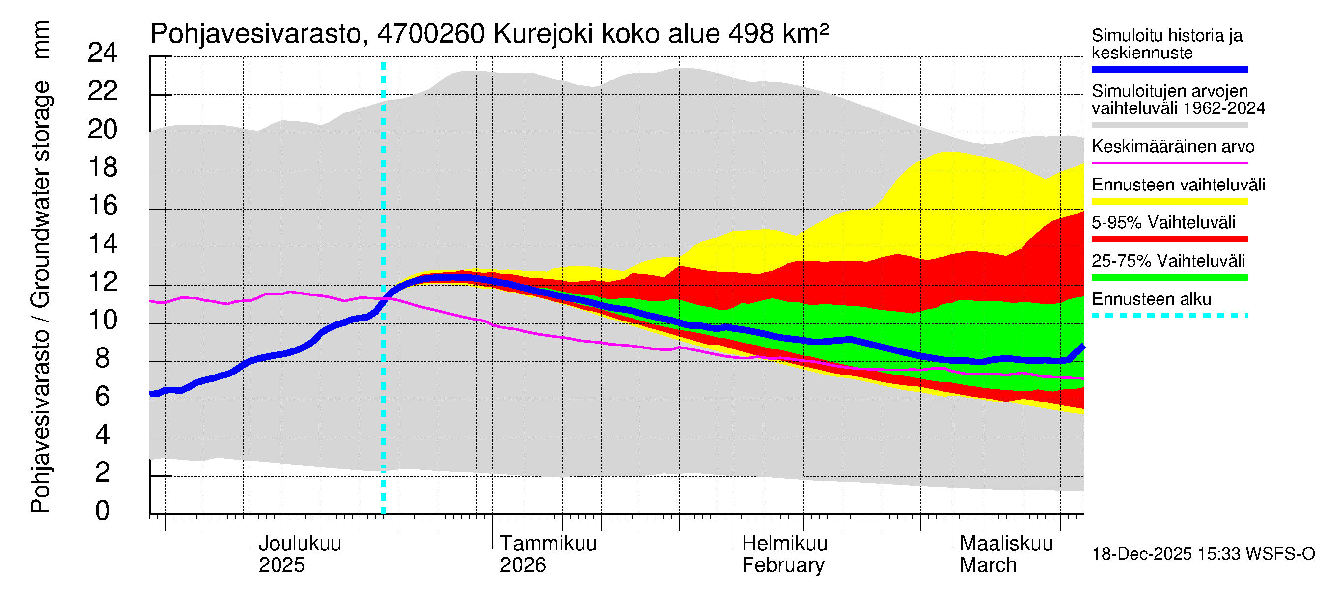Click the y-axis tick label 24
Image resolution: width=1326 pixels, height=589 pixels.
click(103, 53)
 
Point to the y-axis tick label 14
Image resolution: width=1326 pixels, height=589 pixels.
click(103, 244)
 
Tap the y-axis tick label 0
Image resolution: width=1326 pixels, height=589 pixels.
click(103, 511)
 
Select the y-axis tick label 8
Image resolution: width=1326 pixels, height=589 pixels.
click(103, 358)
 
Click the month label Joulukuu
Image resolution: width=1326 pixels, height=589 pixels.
click(300, 543)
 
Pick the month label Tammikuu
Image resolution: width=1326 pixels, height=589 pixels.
click(548, 543)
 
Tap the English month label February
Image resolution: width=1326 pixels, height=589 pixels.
click(782, 565)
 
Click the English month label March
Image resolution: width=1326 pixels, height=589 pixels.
click(988, 565)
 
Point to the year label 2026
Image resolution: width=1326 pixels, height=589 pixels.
click(523, 565)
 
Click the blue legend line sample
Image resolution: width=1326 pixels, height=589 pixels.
click(1169, 69)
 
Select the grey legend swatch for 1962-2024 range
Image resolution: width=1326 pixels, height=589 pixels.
click(1169, 125)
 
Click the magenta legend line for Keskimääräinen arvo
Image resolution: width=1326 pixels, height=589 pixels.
click(1169, 163)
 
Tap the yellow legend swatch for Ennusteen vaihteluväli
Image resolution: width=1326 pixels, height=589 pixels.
click(1169, 201)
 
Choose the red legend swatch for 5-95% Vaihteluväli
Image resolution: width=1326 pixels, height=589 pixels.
click(1169, 239)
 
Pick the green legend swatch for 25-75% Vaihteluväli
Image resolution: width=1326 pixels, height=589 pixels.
click(1169, 278)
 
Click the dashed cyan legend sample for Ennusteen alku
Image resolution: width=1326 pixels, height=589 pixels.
click(1169, 316)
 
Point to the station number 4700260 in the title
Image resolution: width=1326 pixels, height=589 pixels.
click(431, 34)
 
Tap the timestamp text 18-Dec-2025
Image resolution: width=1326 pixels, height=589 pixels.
click(1142, 554)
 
